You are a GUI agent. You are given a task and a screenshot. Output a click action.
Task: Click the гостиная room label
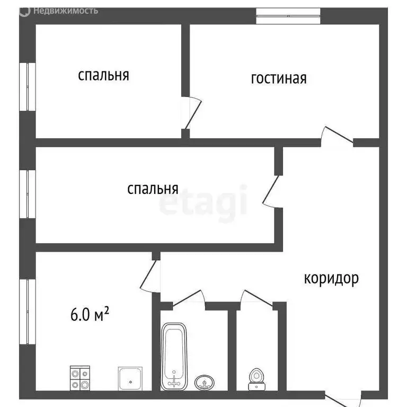(x=278, y=78)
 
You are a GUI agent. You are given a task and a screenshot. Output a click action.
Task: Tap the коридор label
(x=331, y=278)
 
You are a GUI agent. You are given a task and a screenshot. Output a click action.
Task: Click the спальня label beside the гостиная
(x=103, y=75)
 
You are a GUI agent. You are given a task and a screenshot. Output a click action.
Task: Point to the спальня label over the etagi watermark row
(x=153, y=189)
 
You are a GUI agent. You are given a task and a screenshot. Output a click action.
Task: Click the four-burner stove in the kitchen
(x=81, y=378)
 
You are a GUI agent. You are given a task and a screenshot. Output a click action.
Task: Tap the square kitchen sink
(x=130, y=377)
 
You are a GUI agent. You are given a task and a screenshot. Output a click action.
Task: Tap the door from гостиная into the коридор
(x=338, y=136)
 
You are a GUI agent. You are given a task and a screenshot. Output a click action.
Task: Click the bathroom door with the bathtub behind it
(x=189, y=298)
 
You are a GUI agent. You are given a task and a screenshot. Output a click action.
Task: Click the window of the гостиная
(x=288, y=16)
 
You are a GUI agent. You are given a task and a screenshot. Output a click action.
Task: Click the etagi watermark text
(x=204, y=201)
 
